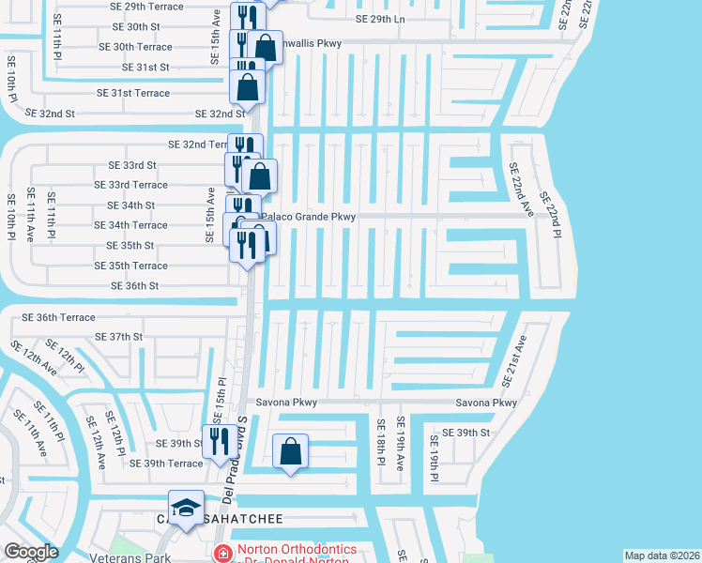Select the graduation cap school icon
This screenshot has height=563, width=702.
(x=187, y=508)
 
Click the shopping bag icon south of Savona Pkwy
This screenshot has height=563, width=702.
(x=291, y=451)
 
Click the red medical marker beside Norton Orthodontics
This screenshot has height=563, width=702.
(x=222, y=554)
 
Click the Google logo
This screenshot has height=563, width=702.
(x=31, y=551)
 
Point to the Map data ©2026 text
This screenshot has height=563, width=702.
(x=662, y=555)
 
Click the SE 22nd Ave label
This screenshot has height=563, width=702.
(x=521, y=189)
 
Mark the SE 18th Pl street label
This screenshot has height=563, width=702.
(x=381, y=441)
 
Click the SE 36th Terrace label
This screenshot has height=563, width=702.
(x=53, y=317)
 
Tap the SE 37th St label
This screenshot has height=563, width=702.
(x=119, y=336)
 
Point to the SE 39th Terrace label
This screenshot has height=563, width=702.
(x=165, y=464)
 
